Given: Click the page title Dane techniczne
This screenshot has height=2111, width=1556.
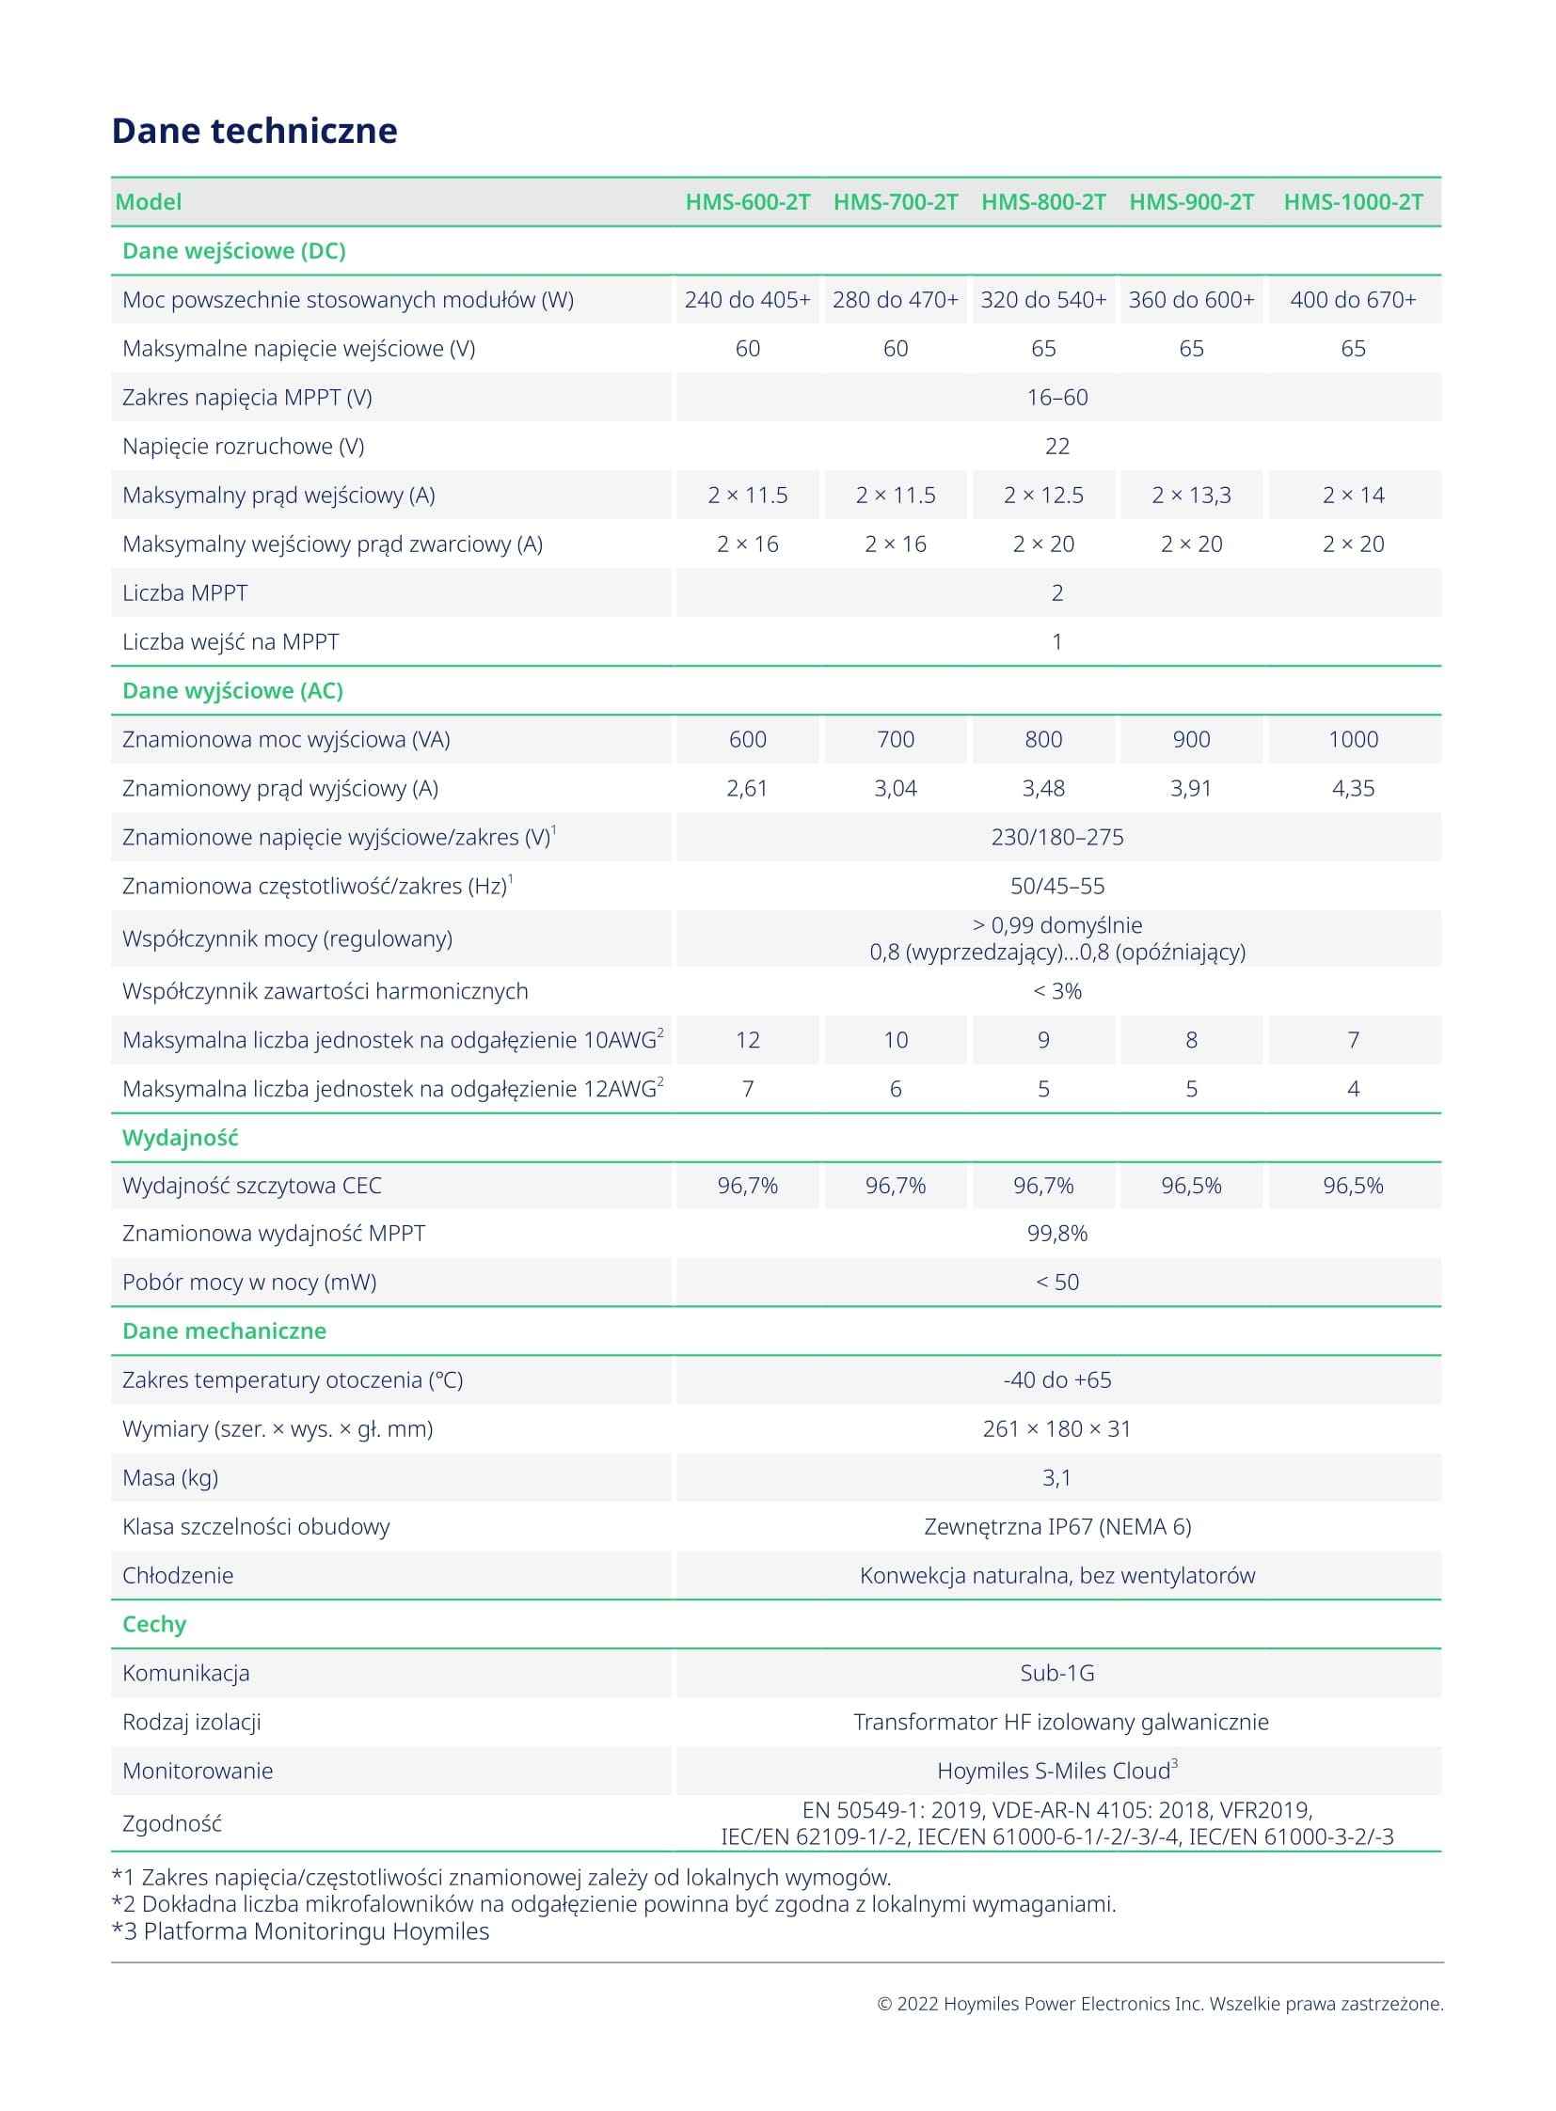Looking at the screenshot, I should [254, 131].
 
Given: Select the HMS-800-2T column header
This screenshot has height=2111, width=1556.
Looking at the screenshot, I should [1042, 201].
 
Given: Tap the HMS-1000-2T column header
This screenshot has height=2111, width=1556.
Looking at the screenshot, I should [1353, 201].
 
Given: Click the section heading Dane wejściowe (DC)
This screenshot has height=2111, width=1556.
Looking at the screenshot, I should [233, 250].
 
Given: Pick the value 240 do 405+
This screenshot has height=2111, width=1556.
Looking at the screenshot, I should [747, 299].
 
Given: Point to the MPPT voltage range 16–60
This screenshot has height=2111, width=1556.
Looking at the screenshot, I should [1056, 398].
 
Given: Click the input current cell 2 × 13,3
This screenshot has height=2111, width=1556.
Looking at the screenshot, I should [1191, 496].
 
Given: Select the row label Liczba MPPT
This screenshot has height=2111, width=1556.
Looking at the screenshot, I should [184, 593].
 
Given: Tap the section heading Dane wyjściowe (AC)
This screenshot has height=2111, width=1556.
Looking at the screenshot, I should [232, 690].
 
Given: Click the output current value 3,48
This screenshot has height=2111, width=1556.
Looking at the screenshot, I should [1042, 788].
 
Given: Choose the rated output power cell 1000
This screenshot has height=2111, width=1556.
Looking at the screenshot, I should [1353, 739].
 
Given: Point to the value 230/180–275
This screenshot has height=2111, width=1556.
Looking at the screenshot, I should [1056, 837].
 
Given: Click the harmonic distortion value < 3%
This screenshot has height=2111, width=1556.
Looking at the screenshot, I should [1056, 990].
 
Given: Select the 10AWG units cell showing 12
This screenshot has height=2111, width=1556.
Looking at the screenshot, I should [747, 1039].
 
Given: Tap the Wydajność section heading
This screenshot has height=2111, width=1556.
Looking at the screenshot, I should [180, 1138].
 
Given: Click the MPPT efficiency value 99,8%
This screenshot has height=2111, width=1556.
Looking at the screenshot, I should [1056, 1234].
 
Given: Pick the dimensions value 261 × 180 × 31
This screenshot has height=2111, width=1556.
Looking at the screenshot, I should [1056, 1428].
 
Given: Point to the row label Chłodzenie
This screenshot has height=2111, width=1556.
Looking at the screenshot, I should [177, 1575].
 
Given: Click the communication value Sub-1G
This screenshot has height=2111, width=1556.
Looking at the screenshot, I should [1056, 1673].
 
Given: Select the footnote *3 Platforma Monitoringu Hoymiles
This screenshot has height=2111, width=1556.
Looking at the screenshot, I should [300, 1931].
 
